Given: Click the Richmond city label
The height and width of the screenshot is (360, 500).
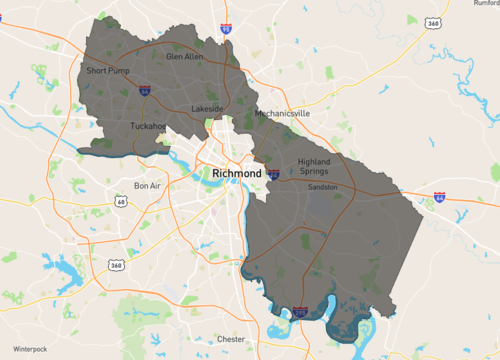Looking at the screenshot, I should (236, 173).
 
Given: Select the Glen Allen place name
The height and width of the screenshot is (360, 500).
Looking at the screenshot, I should (184, 57).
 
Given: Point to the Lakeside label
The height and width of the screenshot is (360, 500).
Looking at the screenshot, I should (209, 108).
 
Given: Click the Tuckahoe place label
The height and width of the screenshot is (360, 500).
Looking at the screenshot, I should (149, 126).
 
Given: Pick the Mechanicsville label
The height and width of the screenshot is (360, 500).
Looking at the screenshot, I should (282, 114).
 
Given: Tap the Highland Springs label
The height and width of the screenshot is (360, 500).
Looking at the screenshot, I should (315, 166).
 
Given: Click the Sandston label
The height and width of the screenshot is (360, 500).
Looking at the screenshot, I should (322, 187).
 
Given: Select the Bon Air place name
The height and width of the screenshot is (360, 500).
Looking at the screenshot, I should (148, 186).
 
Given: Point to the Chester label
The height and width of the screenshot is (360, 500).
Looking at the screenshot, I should (231, 339).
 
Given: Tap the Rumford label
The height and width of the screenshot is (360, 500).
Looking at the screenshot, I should (484, 4).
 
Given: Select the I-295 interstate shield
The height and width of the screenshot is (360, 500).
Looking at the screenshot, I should (301, 313).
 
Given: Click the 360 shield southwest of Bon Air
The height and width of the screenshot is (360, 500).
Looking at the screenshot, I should (116, 265).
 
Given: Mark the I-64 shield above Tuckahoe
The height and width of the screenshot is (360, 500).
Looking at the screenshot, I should (146, 91).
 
